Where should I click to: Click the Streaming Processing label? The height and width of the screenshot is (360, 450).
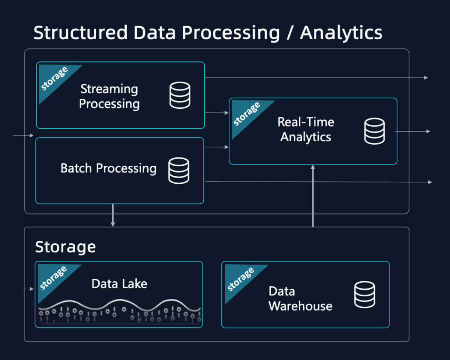tap(109, 96)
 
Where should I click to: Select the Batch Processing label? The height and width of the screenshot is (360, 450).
tap(108, 168)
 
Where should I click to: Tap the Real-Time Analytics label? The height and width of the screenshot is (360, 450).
tap(306, 130)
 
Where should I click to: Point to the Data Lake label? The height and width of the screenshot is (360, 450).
tap(120, 284)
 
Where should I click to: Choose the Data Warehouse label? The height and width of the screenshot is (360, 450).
tap(300, 298)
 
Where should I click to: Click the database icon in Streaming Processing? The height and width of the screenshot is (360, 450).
tap(180, 95)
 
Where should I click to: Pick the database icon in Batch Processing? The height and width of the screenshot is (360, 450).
tap(179, 171)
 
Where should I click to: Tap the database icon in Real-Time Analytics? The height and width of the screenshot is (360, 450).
tap(374, 131)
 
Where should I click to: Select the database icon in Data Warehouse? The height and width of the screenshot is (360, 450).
tap(364, 295)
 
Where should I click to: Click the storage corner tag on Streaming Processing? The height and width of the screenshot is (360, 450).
tap(53, 79)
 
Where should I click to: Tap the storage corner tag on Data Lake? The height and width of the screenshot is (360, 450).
tap(52, 278)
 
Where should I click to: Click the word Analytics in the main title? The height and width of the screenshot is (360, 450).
tap(341, 33)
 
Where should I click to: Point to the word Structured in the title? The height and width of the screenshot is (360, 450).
tap(80, 33)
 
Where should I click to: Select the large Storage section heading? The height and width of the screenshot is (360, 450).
tap(65, 247)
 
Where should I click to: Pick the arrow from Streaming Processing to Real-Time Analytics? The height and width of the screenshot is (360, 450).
tap(217, 113)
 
